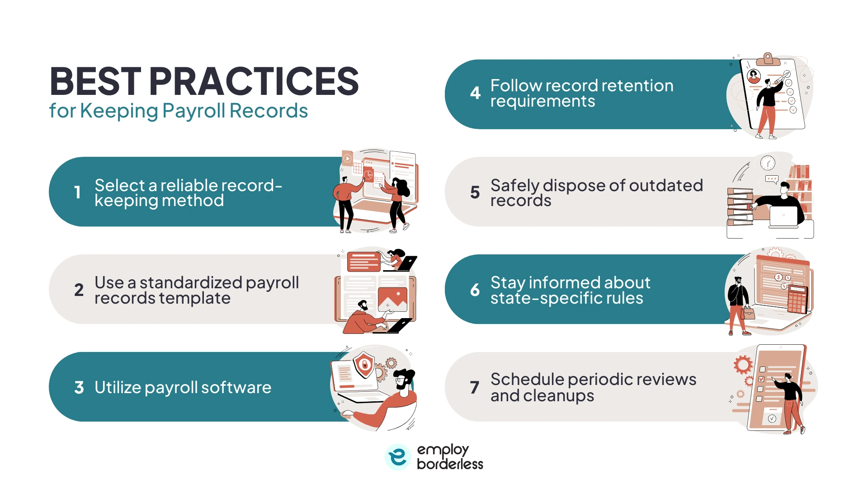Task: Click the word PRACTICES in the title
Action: [x=254, y=81]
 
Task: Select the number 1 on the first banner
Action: [x=78, y=192]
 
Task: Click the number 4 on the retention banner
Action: [x=475, y=93]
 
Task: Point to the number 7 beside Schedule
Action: [x=475, y=387]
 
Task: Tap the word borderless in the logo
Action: [x=450, y=464]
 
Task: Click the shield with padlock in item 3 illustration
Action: [x=364, y=364]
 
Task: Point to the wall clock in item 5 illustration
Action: [x=768, y=163]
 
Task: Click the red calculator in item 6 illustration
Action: [x=797, y=299]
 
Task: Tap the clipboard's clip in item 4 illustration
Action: [x=768, y=59]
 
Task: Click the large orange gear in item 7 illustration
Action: [x=743, y=364]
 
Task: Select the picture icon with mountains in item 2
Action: [x=392, y=299]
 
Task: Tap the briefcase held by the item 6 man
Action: [x=748, y=313]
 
